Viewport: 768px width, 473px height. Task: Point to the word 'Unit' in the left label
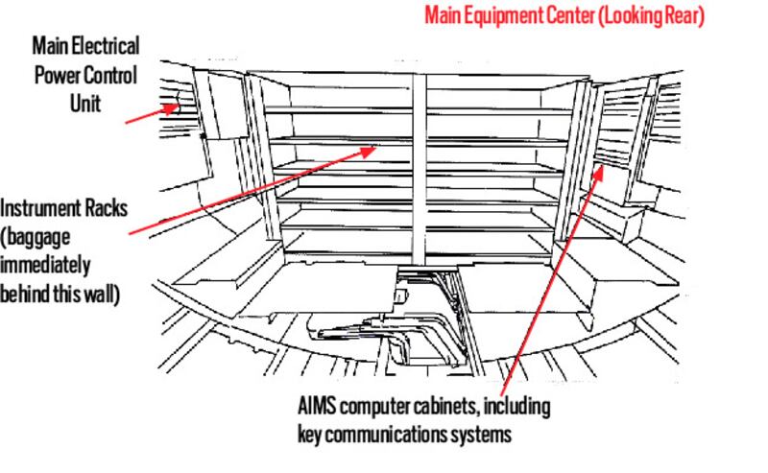tap(84, 100)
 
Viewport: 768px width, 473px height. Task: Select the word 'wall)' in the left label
tap(101, 293)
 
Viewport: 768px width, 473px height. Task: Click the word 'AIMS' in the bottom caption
tap(318, 406)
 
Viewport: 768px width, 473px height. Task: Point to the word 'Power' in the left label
tap(62, 74)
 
